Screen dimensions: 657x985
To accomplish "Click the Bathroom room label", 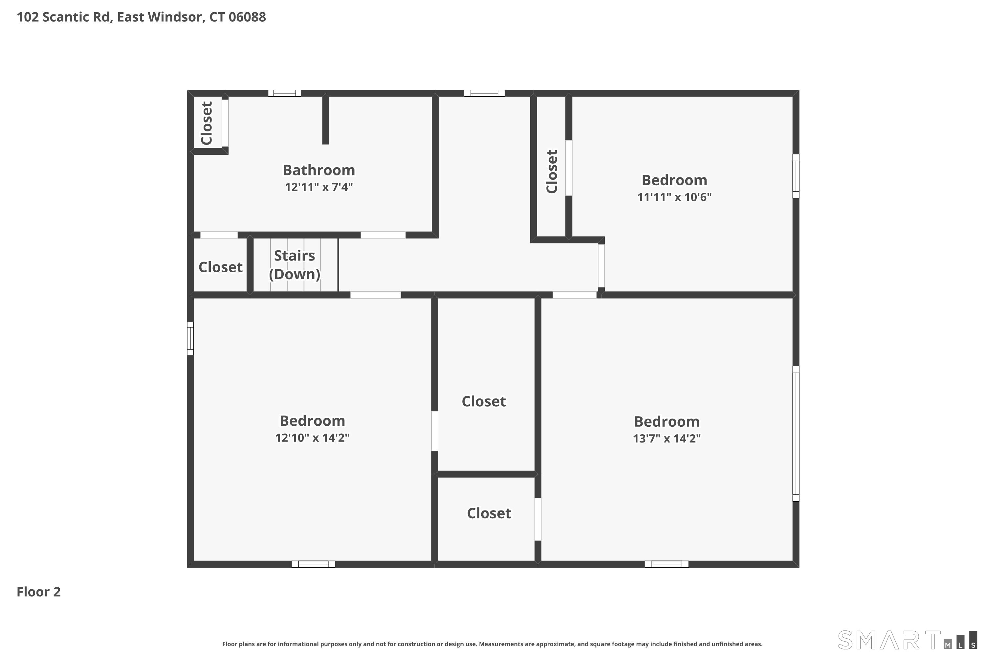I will coord(319,170).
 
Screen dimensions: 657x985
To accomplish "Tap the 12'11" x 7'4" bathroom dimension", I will coord(319,187).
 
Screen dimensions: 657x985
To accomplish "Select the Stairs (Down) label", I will coord(295,265).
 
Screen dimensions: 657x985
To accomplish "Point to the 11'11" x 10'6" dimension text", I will coord(674,197).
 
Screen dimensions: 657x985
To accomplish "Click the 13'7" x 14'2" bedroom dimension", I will coord(667,438).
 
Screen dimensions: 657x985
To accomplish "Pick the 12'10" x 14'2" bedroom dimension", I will coord(313,438).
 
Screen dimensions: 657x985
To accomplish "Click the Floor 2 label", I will coord(38,592).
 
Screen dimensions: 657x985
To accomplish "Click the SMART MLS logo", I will coord(907,640).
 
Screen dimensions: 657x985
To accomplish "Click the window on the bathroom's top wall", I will coord(285,93).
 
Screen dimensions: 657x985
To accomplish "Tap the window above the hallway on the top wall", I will coord(484,93).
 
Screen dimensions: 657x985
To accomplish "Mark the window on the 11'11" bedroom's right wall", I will coord(796,176).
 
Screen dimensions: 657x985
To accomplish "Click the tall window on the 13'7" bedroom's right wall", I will coord(796,434).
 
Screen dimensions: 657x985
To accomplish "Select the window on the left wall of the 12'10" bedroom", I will coord(190,338).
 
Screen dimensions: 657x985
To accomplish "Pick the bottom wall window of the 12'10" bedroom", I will coord(313,564).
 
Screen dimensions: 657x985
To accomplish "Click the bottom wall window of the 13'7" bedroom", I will coord(667,564).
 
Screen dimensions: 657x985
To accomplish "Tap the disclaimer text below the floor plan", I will coord(492,644).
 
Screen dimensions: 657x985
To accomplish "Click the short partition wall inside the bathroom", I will coord(325,120).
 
